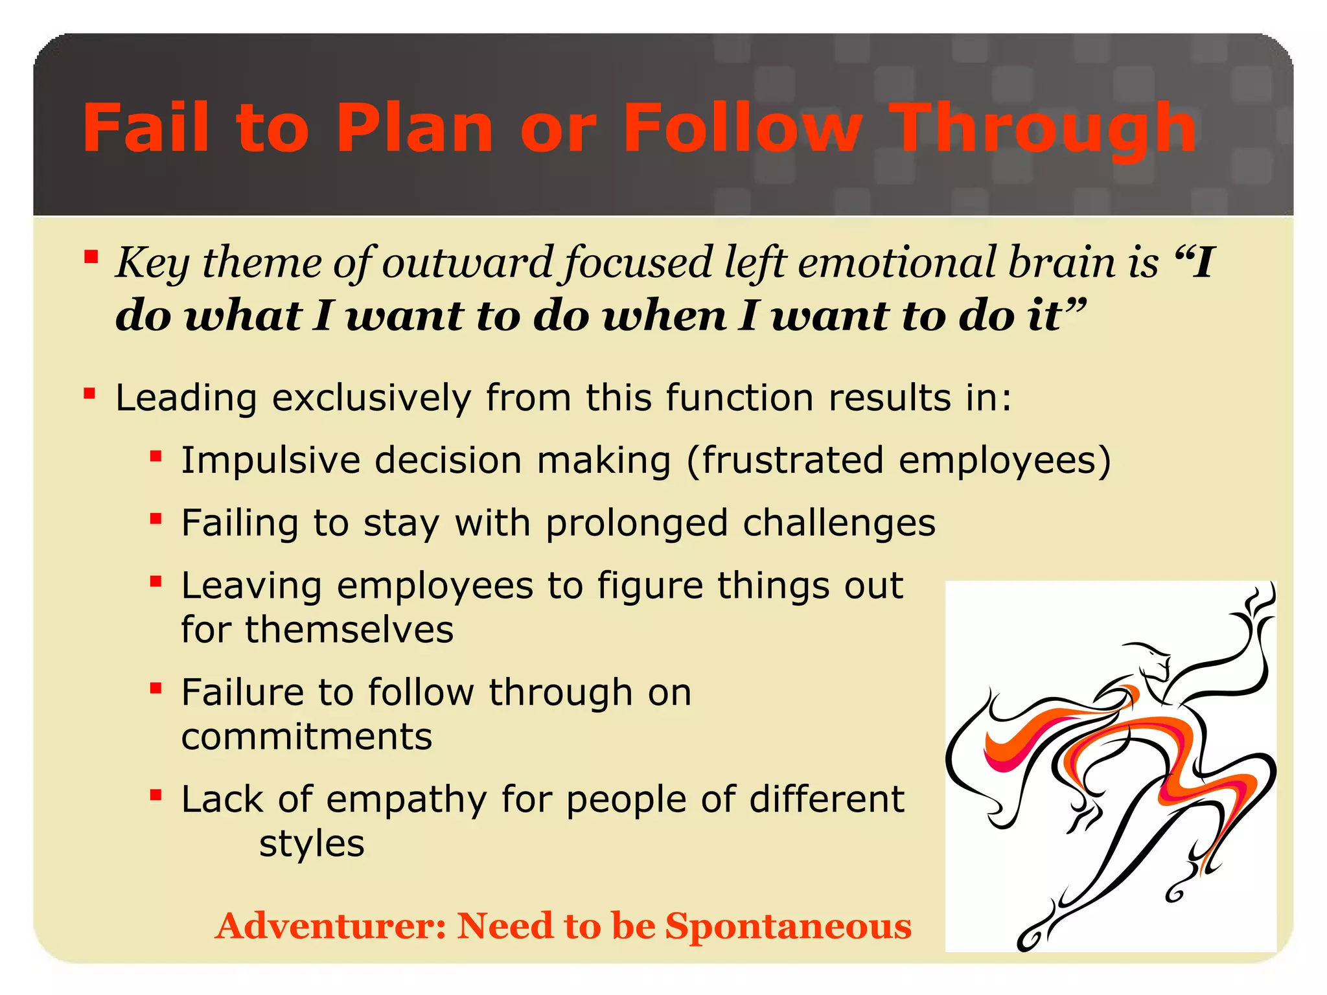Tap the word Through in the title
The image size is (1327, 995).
point(1042,130)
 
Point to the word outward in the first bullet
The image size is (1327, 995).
point(467,262)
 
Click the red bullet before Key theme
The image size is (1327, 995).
point(91,258)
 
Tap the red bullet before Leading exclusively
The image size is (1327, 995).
point(90,393)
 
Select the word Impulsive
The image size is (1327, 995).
point(270,461)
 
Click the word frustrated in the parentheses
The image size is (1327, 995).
point(792,461)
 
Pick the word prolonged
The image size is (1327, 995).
point(636,523)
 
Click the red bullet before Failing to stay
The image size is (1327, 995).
point(156,519)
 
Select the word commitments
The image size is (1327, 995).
point(306,737)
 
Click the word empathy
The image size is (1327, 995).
point(406,799)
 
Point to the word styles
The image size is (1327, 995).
point(312,843)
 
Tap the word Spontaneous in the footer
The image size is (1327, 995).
point(788,926)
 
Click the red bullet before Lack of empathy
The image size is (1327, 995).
point(156,795)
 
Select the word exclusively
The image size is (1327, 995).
point(371,398)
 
